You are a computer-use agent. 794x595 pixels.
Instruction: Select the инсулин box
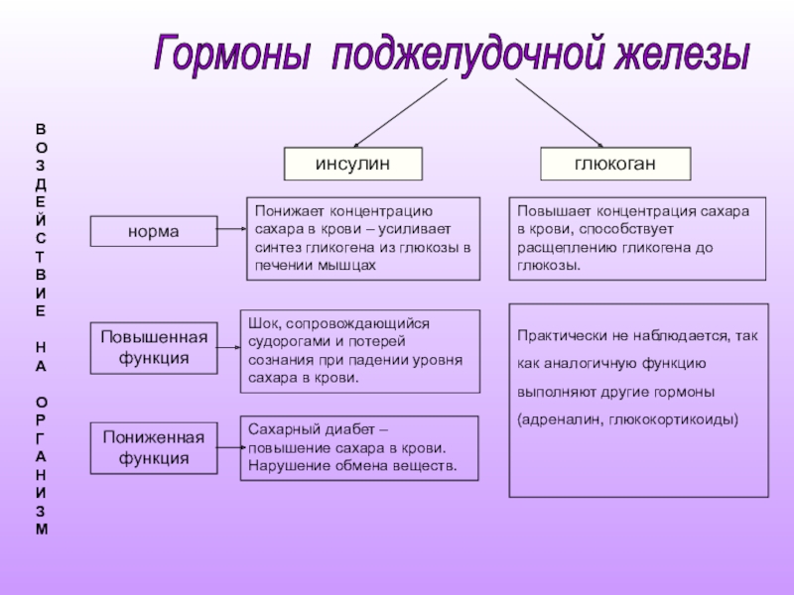[x=352, y=164]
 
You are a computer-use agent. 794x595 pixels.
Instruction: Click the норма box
[x=153, y=231]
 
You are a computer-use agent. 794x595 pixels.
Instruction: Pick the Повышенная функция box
[x=154, y=347]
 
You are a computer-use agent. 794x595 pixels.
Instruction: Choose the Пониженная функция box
[x=154, y=447]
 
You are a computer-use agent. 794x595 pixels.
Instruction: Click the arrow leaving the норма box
[x=230, y=230]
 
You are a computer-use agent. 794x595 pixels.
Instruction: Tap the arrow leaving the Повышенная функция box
[x=230, y=347]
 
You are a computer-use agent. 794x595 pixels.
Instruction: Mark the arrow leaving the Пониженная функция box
[x=230, y=447]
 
